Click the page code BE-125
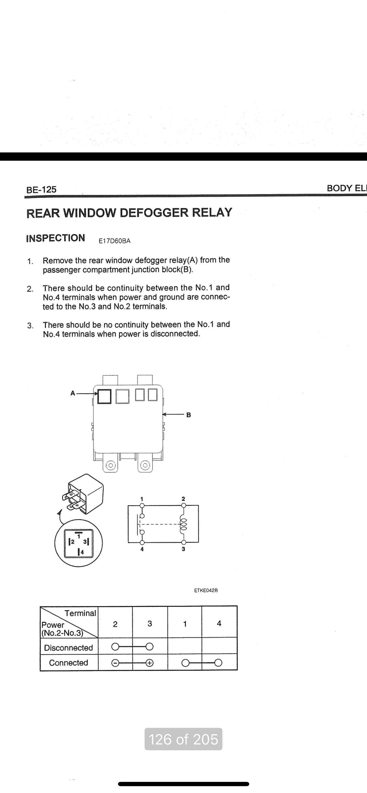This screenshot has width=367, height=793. click(41, 190)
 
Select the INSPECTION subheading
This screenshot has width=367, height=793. click(55, 238)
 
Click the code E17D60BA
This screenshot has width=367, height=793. click(114, 241)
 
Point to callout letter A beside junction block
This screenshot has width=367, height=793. click(73, 393)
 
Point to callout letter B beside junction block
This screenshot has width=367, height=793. click(189, 415)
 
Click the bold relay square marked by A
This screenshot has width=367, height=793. click(104, 396)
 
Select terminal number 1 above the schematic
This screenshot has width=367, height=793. click(142, 498)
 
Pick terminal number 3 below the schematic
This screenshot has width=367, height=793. click(183, 549)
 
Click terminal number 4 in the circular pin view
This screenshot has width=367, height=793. click(82, 552)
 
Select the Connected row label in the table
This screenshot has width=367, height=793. click(68, 663)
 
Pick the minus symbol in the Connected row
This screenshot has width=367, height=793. click(114, 663)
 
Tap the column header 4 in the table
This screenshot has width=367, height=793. click(219, 623)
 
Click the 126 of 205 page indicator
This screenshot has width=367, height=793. click(183, 739)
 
